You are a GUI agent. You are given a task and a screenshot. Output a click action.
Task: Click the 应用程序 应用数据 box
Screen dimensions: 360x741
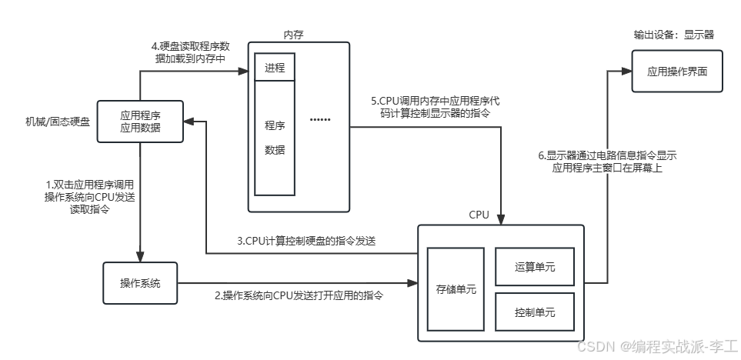(x=140, y=122)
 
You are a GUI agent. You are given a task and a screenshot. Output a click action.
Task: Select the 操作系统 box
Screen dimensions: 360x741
(x=140, y=283)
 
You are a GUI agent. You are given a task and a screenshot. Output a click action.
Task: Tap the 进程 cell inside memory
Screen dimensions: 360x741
(x=275, y=68)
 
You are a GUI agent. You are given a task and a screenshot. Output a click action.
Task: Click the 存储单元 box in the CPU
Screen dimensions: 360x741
(x=456, y=289)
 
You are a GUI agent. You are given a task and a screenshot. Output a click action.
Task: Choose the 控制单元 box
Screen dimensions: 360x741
(x=535, y=312)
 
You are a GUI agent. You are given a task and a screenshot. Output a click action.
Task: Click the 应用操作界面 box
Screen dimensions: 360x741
(x=677, y=72)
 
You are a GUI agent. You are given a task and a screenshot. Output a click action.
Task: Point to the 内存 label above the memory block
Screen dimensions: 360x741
(x=294, y=35)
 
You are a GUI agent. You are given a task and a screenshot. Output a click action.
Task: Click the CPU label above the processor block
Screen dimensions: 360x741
(x=479, y=214)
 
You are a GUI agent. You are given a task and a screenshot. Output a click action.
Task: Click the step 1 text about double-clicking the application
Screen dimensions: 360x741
(x=89, y=197)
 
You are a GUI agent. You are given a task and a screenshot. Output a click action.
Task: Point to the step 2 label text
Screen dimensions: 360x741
(x=299, y=295)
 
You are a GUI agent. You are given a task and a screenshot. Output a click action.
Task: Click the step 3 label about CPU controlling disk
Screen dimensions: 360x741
(x=305, y=241)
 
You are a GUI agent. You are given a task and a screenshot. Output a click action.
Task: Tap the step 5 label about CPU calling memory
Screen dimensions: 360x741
(x=436, y=107)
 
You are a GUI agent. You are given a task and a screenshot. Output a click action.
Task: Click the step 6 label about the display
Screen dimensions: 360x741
(x=607, y=161)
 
